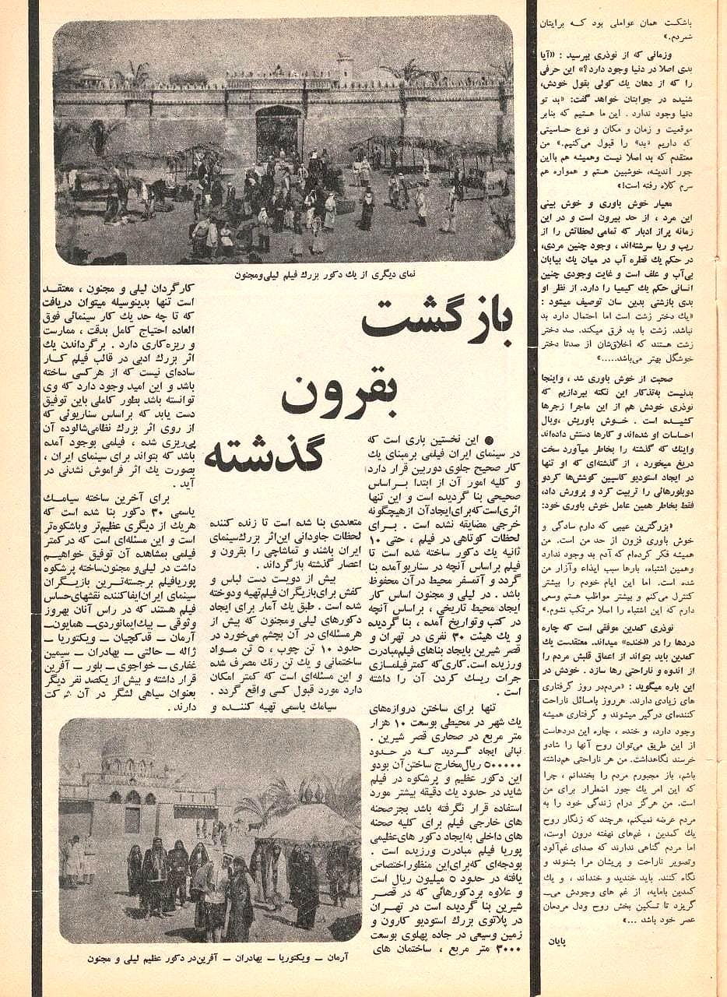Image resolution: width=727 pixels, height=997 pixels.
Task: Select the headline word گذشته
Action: pos(265,455)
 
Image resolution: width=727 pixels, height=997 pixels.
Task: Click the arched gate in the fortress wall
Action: pos(278,132)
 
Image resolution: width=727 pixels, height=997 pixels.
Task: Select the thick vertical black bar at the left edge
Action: pos(33,498)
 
